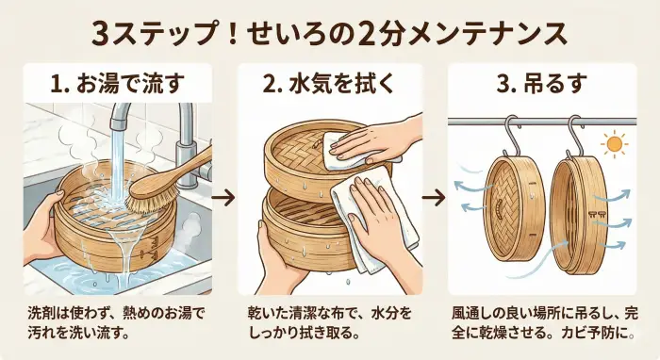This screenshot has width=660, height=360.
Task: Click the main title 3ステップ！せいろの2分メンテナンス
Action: (330, 32)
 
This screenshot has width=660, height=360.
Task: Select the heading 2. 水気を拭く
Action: (330, 83)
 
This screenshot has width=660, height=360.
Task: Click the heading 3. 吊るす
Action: (545, 83)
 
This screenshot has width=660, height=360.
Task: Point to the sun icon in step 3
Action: (617, 144)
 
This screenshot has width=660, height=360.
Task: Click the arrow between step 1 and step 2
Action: (223, 199)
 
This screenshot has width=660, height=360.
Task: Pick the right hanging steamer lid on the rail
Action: (576, 213)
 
